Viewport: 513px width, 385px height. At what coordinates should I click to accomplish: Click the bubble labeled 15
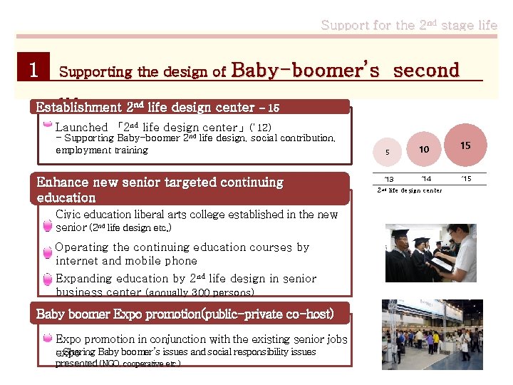pos(465,145)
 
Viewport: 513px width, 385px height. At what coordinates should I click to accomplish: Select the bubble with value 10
pos(423,150)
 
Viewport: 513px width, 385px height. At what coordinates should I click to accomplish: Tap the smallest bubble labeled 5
pos(388,152)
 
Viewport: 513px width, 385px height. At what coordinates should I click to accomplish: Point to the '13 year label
pos(388,178)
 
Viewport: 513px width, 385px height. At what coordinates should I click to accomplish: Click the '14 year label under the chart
pos(425,178)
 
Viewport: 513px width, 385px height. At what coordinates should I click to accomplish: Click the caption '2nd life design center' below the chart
pos(409,190)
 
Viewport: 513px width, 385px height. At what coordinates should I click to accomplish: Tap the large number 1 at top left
pos(32,70)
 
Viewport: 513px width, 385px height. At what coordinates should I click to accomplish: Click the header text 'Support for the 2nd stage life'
pos(409,26)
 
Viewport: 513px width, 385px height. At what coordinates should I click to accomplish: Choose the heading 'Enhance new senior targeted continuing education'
pos(160,190)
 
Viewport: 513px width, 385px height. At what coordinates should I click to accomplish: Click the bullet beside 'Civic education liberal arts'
pos(47,226)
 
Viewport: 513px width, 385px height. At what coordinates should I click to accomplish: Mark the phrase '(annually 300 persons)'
pos(199,292)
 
